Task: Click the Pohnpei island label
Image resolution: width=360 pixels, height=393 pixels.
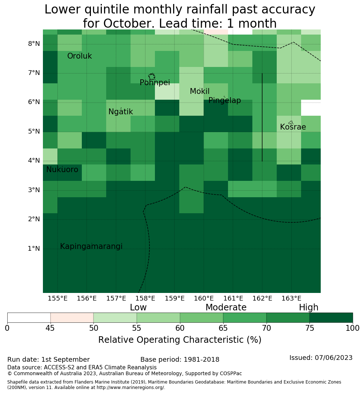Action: [x=155, y=83]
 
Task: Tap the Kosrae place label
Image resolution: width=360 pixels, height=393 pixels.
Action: [x=293, y=127]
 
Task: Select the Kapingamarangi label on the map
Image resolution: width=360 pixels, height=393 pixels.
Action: [x=91, y=247]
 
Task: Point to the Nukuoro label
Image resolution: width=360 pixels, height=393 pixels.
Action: [x=62, y=170]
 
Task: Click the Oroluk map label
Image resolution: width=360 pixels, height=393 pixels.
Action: [x=79, y=56]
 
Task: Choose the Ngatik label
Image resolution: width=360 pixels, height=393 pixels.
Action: [x=120, y=112]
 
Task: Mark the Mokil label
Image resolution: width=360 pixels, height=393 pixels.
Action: [x=200, y=91]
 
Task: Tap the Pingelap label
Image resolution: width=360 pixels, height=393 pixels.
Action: [x=224, y=100]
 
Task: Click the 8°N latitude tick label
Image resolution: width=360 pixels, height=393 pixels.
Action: [x=34, y=44]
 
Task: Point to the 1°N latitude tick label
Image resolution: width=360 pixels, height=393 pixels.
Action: [x=34, y=249]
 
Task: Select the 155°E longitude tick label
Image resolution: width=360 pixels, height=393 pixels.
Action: [x=57, y=298]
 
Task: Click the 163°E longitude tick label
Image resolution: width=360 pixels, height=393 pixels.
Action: [x=291, y=298]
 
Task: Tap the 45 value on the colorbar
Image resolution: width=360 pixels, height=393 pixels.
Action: [x=50, y=328]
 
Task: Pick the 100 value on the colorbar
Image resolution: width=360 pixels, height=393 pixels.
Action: [x=352, y=328]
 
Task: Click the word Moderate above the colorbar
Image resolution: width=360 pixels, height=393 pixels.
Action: [x=226, y=307]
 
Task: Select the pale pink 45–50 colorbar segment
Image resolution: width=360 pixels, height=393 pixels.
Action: [x=72, y=318]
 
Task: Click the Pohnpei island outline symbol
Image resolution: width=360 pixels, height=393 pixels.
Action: [x=152, y=76]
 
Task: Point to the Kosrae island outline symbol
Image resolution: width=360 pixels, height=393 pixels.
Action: [x=291, y=123]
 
